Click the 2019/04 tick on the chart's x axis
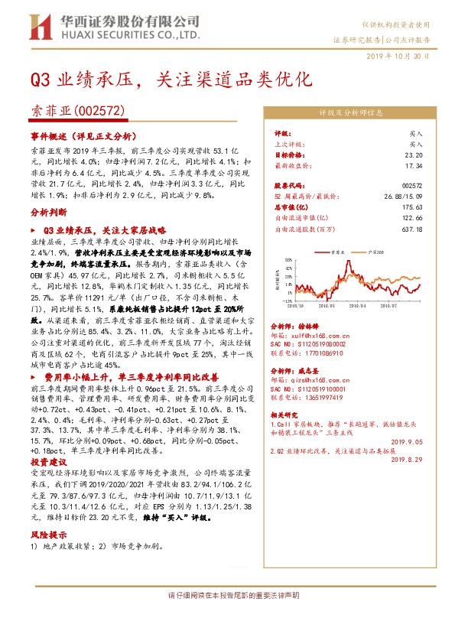pyautogui.click(x=356, y=304)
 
